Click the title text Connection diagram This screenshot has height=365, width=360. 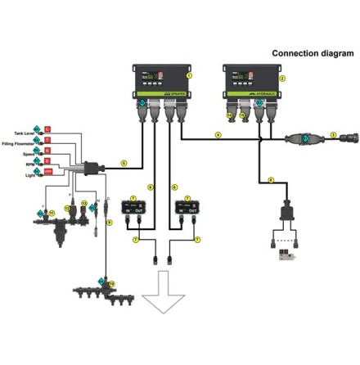(313, 52)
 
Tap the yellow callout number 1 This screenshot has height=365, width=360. (189, 74)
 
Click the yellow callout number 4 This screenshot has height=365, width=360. (218, 133)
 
